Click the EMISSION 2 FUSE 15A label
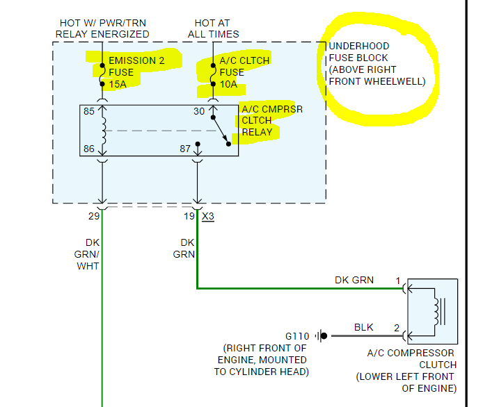click(x=132, y=72)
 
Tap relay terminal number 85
click(x=89, y=111)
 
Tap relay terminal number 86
click(x=89, y=149)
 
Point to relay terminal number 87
click(x=185, y=149)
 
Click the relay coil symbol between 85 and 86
click(x=104, y=131)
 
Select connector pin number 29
click(x=94, y=216)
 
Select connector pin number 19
click(x=189, y=216)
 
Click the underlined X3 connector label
click(x=207, y=216)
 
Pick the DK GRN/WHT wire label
click(x=88, y=254)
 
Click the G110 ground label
click(x=299, y=336)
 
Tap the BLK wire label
click(x=364, y=326)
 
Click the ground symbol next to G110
click(x=322, y=336)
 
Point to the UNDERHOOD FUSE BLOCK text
click(x=376, y=64)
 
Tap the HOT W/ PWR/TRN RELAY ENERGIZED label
click(x=102, y=28)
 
